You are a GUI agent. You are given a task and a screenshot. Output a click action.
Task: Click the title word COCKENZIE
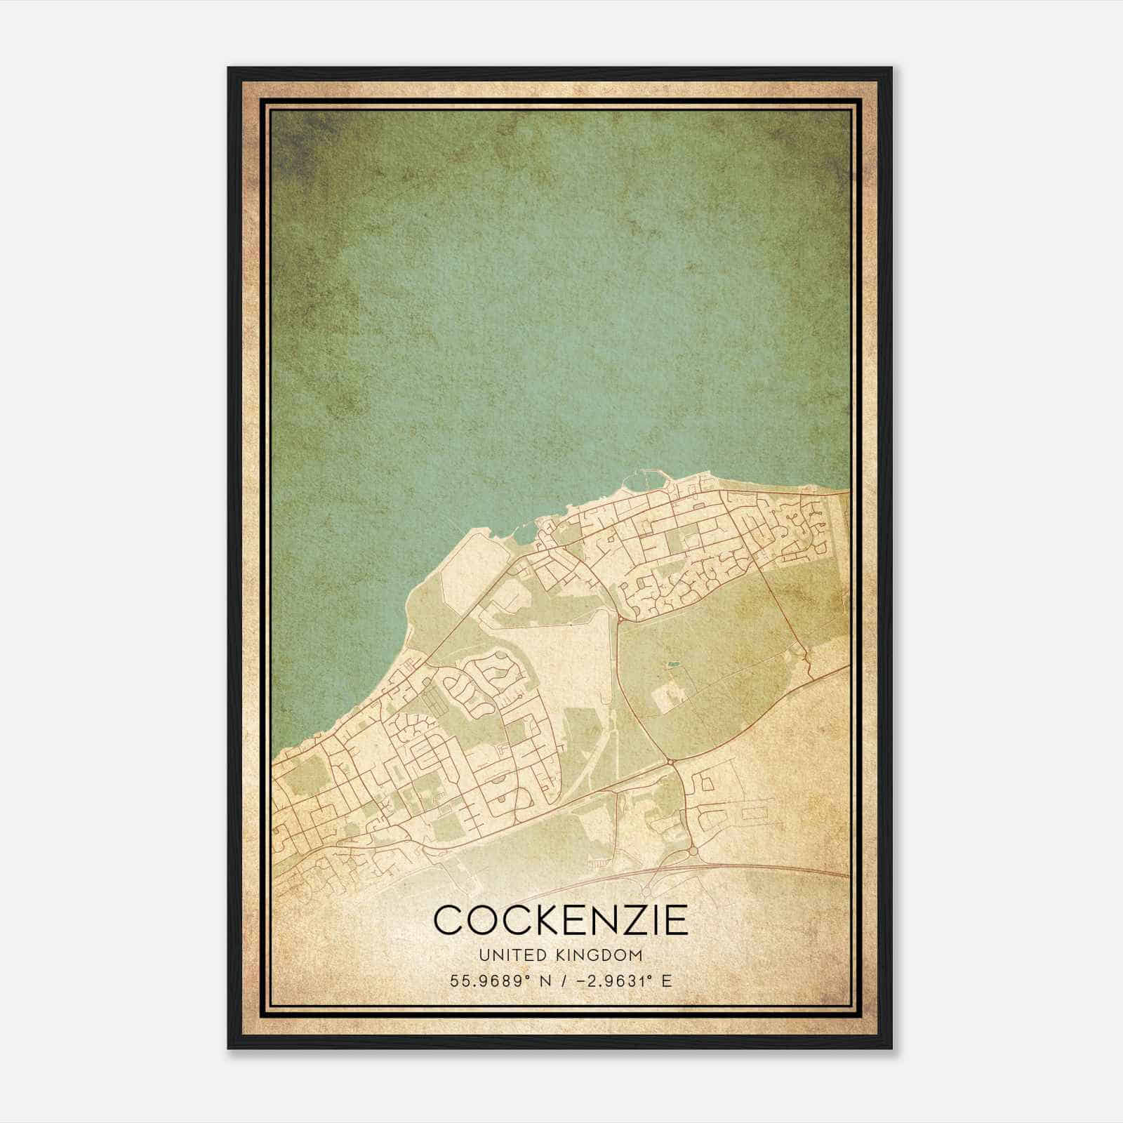tap(561, 920)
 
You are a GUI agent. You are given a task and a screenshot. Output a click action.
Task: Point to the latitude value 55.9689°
tap(490, 981)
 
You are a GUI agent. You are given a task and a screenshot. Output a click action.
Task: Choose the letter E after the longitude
tap(667, 981)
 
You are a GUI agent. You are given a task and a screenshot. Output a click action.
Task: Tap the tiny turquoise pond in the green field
tap(673, 663)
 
